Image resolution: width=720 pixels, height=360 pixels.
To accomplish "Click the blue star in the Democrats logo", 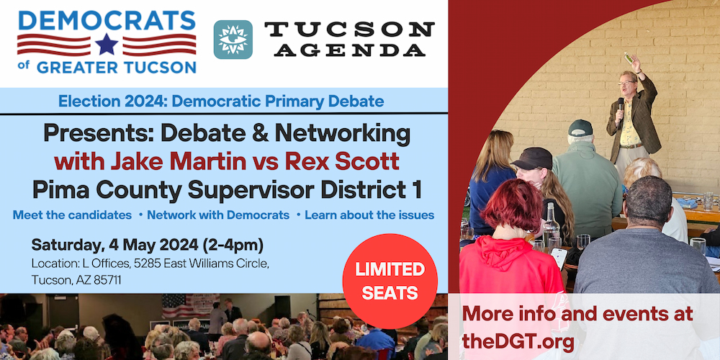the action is tap(107, 44).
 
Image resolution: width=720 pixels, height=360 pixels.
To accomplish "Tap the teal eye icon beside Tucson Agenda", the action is tap(233, 40).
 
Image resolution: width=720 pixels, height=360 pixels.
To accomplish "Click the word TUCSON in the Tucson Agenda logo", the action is tap(349, 30).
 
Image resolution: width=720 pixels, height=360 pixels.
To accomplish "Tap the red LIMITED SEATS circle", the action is tap(390, 281).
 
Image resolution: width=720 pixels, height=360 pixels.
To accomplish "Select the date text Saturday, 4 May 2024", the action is tap(114, 246).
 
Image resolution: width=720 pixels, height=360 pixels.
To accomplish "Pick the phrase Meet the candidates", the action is tap(72, 215).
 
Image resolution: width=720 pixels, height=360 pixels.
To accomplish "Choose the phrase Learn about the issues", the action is tap(369, 215).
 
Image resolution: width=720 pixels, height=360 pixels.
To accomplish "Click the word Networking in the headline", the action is tap(344, 134).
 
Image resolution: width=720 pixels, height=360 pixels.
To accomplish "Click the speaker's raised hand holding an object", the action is tap(634, 62).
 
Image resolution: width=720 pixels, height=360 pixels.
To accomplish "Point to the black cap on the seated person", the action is tap(532, 158).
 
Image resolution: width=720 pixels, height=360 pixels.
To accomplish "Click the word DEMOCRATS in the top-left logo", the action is tap(107, 21).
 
